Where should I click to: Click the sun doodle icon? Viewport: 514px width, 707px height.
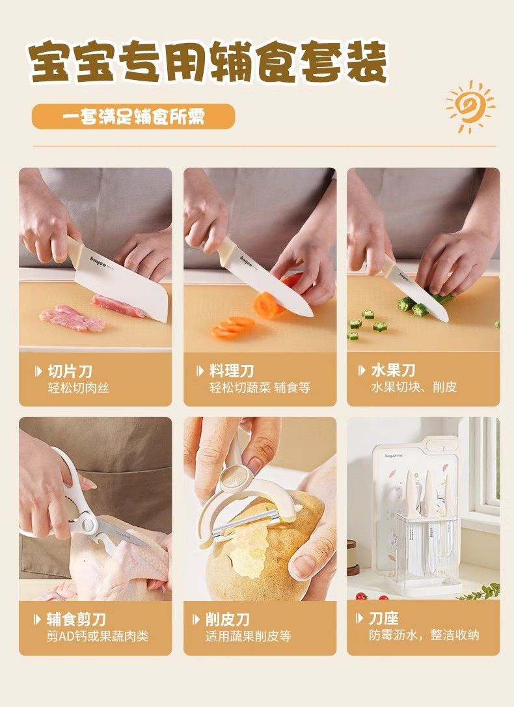pyautogui.click(x=469, y=107)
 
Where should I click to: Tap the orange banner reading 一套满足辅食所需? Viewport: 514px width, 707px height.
pyautogui.click(x=133, y=117)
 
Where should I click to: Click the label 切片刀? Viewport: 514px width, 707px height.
pyautogui.click(x=70, y=371)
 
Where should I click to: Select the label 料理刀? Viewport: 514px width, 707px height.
pyautogui.click(x=232, y=371)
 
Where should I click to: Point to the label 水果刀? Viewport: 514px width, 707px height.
pyautogui.click(x=393, y=371)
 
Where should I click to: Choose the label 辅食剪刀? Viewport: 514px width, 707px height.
pyautogui.click(x=76, y=620)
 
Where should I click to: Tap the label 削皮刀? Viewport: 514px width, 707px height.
pyautogui.click(x=228, y=620)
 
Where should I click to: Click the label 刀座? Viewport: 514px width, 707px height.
pyautogui.click(x=384, y=618)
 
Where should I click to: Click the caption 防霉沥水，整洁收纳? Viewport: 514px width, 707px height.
pyautogui.click(x=424, y=635)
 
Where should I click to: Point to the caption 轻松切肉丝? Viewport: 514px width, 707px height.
pyautogui.click(x=79, y=388)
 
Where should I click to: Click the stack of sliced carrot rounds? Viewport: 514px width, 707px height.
pyautogui.click(x=233, y=327)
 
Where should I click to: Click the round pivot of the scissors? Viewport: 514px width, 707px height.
pyautogui.click(x=87, y=524)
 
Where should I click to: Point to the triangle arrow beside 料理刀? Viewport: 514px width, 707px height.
pyautogui.click(x=200, y=371)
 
